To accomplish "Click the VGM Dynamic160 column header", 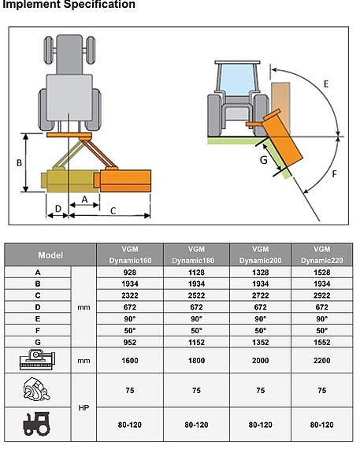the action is (130, 254).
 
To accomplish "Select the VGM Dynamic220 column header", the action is (322, 254).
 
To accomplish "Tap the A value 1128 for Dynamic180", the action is (196, 273).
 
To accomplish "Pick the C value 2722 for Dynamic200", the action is (260, 295).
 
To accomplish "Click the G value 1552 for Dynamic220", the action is (322, 343).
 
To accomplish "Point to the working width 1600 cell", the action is (130, 361).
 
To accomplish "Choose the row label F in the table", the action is (38, 331).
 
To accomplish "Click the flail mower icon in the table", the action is (37, 359).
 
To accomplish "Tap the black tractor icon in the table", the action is (37, 424).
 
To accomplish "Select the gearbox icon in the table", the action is (37, 390).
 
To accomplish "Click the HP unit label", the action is (84, 407).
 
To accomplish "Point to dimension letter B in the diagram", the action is (19, 163).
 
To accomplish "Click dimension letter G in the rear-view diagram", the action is (263, 160).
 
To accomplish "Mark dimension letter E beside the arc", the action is (326, 84).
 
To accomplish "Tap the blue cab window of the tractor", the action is (236, 80).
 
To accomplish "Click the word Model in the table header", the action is (50, 255).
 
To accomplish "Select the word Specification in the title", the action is (99, 5).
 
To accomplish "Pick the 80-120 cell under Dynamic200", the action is (260, 425).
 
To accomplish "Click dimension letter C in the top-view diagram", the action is (113, 211).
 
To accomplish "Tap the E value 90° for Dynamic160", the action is (130, 319).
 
